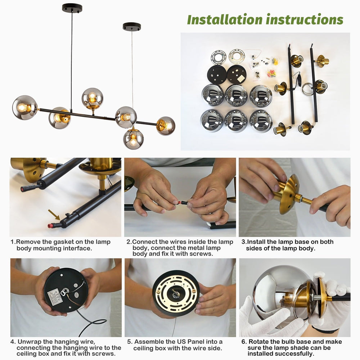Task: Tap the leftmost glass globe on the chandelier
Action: tap(24, 107)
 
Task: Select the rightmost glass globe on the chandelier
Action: tap(166, 126)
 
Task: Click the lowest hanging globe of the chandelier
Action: tap(133, 139)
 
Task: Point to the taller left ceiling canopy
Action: tap(72, 8)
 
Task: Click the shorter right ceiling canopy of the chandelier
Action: tap(132, 27)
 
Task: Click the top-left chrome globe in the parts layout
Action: tap(212, 95)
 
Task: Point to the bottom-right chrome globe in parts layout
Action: tap(261, 121)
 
